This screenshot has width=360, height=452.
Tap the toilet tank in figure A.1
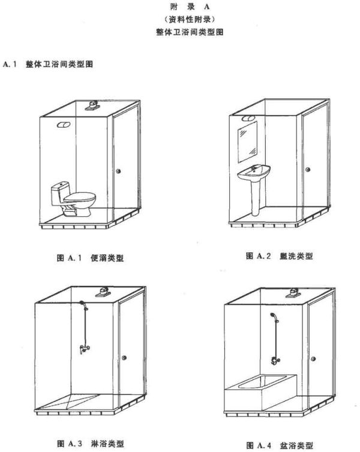(60, 193)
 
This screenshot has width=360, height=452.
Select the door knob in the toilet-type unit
(118, 171)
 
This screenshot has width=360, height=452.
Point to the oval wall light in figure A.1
(64, 125)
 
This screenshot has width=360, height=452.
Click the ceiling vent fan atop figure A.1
(92, 105)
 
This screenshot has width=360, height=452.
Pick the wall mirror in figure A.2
(247, 142)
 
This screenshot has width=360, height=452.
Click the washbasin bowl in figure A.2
(254, 173)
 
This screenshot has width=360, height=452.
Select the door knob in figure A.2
(308, 170)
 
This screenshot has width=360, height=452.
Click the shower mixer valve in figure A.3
(84, 348)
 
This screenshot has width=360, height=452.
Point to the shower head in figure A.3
(83, 303)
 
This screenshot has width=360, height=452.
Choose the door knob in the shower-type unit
(124, 358)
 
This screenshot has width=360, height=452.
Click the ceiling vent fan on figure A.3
(103, 292)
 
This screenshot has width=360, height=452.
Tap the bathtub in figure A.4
(260, 392)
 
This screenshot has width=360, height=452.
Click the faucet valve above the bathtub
(275, 361)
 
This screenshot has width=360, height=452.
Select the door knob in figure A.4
(313, 359)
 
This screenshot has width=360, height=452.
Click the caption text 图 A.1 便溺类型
(90, 258)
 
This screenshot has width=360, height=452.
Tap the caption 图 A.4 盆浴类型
(280, 445)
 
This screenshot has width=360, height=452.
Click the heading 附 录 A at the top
(190, 7)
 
